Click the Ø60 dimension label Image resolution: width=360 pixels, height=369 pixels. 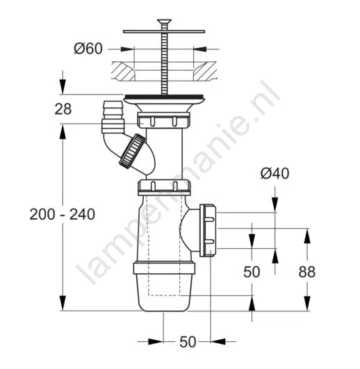88,49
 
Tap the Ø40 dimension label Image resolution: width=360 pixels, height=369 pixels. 275,174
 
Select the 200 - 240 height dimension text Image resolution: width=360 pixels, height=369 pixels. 63,215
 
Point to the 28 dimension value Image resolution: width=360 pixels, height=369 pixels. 63,109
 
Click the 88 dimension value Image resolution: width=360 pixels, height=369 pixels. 307,272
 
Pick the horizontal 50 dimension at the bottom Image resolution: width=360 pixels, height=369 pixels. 188,342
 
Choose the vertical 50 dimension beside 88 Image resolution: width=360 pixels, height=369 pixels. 252,272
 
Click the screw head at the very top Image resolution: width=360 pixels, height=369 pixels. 164,22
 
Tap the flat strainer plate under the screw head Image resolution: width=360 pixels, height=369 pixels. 164,31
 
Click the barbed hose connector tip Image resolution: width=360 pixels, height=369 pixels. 113,109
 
